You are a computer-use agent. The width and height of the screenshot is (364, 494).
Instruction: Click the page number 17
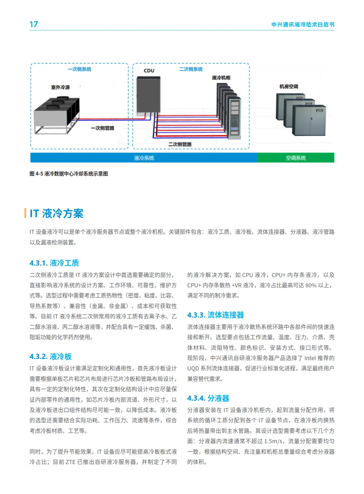point(34,24)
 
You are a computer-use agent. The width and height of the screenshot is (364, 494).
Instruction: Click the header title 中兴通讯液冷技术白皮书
point(303,24)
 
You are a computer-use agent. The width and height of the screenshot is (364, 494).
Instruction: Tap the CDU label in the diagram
point(149,71)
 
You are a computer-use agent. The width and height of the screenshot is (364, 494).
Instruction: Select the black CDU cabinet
point(148,94)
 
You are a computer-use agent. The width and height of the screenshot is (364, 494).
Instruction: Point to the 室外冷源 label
point(60,87)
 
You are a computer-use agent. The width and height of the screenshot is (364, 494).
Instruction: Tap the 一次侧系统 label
point(79,69)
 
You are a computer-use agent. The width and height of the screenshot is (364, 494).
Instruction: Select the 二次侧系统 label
point(191,69)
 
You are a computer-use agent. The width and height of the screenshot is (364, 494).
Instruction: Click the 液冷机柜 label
point(221,78)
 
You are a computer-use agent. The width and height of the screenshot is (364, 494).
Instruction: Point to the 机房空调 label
point(289,87)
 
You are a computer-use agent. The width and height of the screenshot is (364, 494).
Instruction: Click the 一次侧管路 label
point(102,128)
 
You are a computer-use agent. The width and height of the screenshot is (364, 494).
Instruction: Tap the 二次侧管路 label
point(180,144)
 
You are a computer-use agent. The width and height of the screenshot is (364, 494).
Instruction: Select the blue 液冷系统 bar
point(144,158)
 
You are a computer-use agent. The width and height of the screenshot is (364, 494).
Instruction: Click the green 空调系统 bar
point(296,158)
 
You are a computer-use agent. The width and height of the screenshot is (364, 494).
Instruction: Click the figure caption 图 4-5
point(69,174)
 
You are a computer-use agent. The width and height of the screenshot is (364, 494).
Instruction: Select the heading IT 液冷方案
point(56,213)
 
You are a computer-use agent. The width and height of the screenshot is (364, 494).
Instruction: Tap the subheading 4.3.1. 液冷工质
point(54,263)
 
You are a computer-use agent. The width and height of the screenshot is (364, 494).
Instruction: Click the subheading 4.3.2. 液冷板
point(51,357)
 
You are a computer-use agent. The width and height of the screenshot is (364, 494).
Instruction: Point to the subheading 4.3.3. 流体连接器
point(215,315)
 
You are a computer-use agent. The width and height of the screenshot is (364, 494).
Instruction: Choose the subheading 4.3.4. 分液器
point(208,398)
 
